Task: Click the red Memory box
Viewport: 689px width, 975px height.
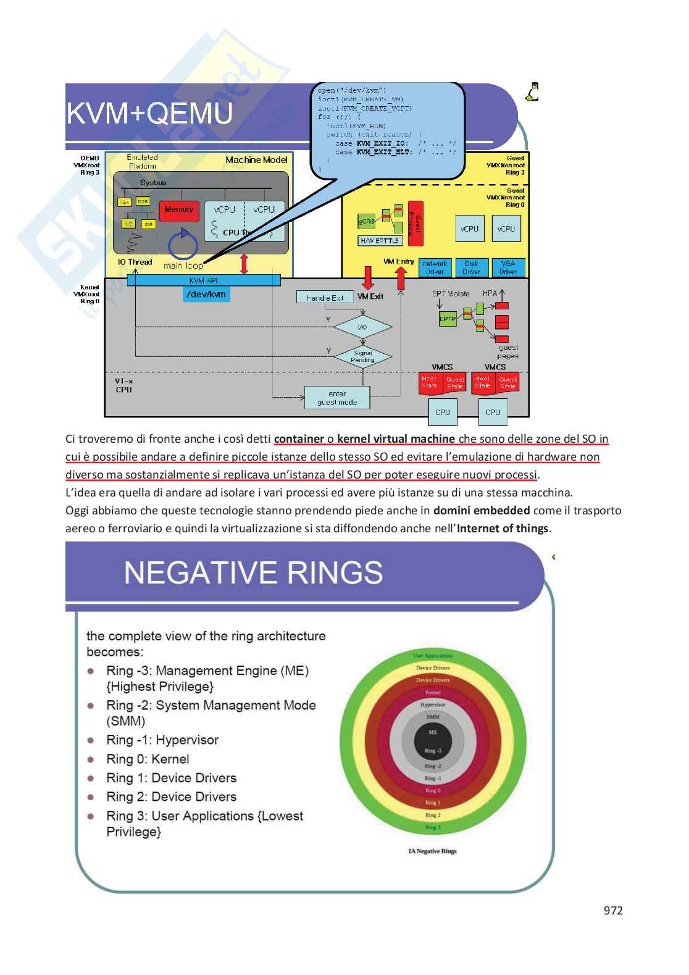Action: (x=179, y=211)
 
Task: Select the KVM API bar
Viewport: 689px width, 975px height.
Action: (x=204, y=280)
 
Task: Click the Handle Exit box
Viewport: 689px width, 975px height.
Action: (x=325, y=298)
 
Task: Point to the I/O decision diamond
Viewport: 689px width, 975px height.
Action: (x=362, y=327)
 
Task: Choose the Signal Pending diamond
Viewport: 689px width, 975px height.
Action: (x=362, y=356)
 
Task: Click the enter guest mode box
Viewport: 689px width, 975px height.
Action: (x=337, y=398)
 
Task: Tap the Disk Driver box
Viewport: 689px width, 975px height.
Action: (x=472, y=267)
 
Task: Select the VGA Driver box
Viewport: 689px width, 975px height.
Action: (x=508, y=267)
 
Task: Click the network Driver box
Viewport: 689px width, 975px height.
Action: (x=435, y=267)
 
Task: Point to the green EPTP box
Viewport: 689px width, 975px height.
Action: (x=447, y=319)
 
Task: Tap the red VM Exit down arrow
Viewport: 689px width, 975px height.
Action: (x=368, y=278)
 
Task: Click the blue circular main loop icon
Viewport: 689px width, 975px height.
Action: (x=183, y=245)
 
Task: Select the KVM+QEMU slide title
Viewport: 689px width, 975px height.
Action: (x=149, y=114)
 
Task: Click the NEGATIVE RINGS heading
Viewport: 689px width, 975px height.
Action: (x=253, y=572)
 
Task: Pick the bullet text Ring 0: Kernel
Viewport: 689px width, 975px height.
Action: (x=148, y=759)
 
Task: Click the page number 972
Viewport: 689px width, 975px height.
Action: (x=612, y=910)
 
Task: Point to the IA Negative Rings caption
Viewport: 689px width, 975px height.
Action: (x=432, y=851)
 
